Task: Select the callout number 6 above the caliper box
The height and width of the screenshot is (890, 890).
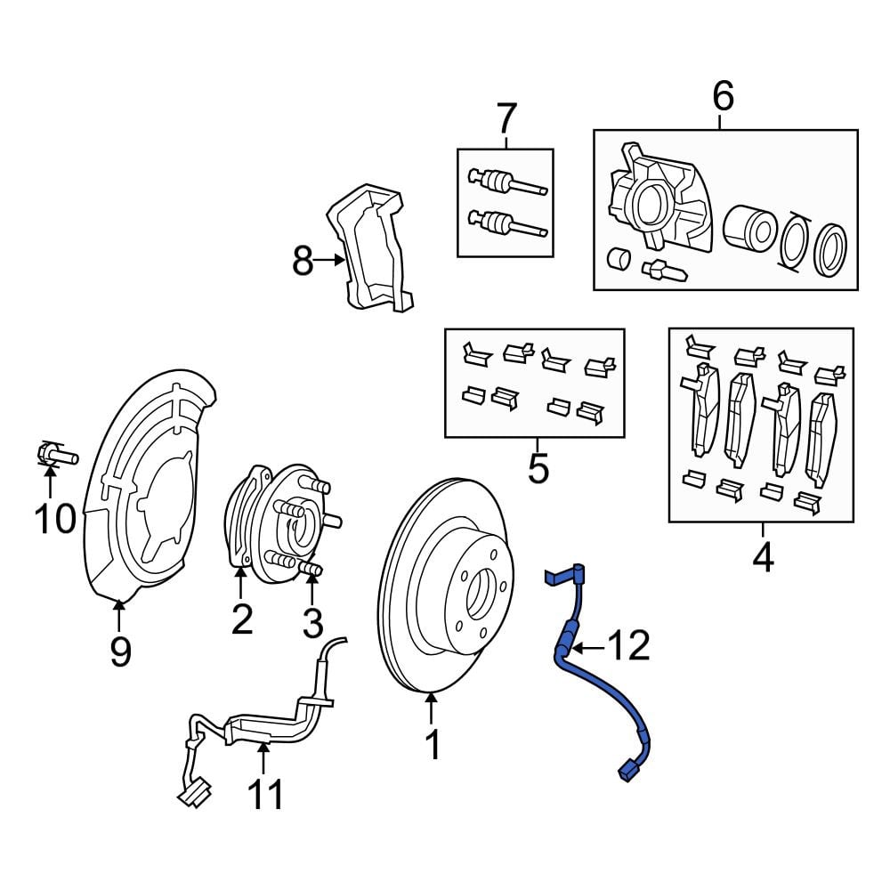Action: tap(723, 96)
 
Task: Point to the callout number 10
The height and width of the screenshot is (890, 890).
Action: tap(55, 517)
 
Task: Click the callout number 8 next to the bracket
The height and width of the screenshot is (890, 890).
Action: tap(303, 262)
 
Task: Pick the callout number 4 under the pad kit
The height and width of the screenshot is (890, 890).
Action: tap(763, 558)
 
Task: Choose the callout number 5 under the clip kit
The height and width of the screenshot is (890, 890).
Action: tap(538, 468)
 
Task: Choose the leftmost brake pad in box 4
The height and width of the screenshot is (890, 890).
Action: tap(702, 409)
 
